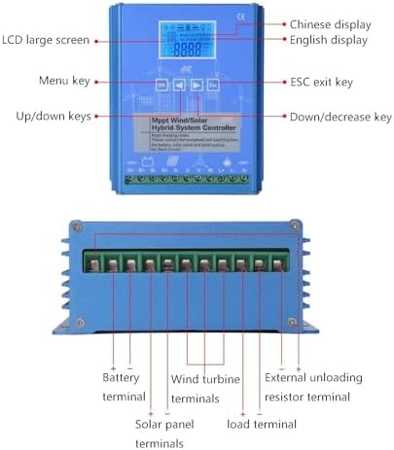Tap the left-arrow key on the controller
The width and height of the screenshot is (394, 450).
[178, 86]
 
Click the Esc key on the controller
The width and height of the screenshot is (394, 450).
[214, 86]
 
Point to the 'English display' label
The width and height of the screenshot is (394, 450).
[330, 41]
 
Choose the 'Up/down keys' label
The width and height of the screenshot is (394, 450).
[53, 117]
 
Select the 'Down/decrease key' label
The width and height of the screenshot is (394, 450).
[340, 117]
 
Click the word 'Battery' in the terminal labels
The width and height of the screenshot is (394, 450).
[123, 376]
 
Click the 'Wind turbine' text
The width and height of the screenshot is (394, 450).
[206, 378]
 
